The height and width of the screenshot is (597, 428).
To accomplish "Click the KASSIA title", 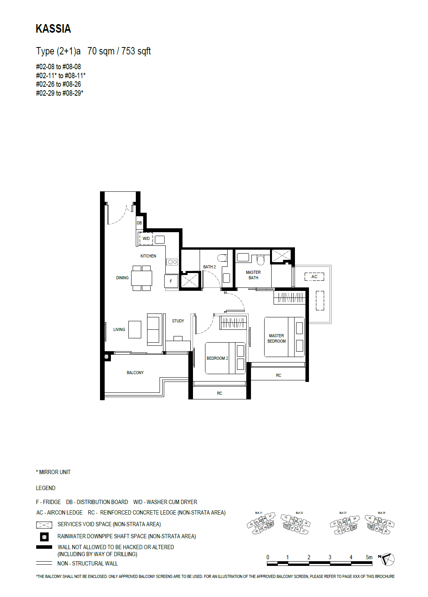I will tap(53, 29).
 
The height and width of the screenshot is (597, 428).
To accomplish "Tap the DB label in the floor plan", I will tap(139, 223).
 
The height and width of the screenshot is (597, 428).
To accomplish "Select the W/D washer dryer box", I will tap(146, 238).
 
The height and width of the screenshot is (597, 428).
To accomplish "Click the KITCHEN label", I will tap(148, 256).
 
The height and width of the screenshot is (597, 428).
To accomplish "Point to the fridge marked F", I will tap(171, 281).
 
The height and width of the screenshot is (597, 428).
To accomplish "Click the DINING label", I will tap(122, 278).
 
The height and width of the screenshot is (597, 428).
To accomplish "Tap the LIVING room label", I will tap(119, 329).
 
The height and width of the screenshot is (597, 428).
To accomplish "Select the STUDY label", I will tap(178, 321).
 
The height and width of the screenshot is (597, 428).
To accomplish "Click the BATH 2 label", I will tap(209, 267).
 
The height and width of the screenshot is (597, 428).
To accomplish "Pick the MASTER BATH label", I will tap(253, 275).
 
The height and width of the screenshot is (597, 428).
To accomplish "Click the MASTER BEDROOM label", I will tap(276, 338).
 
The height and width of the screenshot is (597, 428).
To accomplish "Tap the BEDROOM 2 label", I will tap(217, 358).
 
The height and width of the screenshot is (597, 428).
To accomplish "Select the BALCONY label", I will tap(135, 373).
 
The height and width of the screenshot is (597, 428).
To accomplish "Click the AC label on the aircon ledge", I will tap(314, 277).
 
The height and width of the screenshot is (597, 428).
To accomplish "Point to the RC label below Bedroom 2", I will tap(219, 393).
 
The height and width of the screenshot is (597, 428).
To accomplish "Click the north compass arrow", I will tap(387, 559).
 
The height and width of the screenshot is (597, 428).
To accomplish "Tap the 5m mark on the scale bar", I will tap(369, 557).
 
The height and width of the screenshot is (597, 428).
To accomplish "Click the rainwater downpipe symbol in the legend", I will tap(44, 537).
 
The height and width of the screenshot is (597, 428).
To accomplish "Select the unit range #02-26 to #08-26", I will tap(58, 84).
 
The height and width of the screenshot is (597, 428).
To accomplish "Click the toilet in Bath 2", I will tap(222, 258).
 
